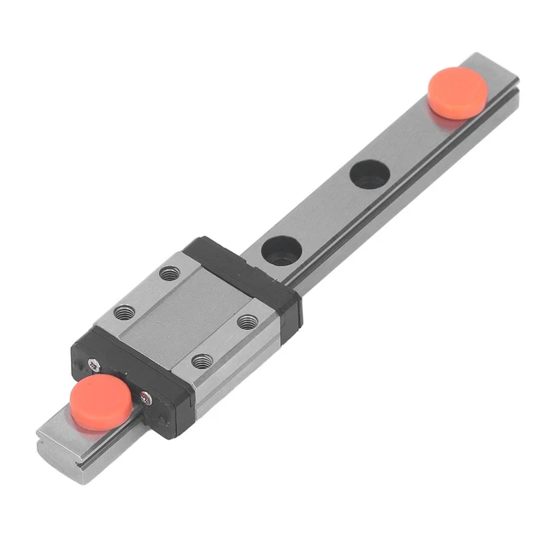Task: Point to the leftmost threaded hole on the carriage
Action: click(x=126, y=312)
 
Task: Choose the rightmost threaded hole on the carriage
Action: click(x=248, y=321)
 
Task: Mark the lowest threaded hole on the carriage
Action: click(x=202, y=361)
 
